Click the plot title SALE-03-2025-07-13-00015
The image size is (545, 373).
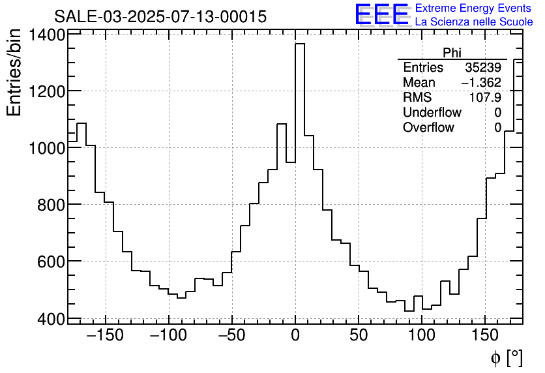pyautogui.click(x=160, y=17)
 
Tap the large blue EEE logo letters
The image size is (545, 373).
pyautogui.click(x=381, y=14)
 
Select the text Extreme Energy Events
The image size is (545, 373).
pyautogui.click(x=473, y=8)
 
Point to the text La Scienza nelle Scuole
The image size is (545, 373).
pyautogui.click(x=473, y=22)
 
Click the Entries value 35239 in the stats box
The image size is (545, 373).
pyautogui.click(x=482, y=68)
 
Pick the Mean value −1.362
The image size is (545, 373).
pyautogui.click(x=480, y=83)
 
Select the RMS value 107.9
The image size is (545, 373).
pyautogui.click(x=485, y=98)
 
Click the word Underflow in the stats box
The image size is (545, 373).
pyautogui.click(x=432, y=113)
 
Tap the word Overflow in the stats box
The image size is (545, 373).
pyautogui.click(x=428, y=128)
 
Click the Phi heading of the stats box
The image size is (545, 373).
pyautogui.click(x=452, y=53)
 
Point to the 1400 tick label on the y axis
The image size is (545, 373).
pyautogui.click(x=46, y=35)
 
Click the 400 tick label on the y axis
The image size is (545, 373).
pyautogui.click(x=51, y=319)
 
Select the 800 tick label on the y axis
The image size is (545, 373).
pyautogui.click(x=51, y=205)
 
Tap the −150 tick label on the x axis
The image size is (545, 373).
pyautogui.click(x=105, y=336)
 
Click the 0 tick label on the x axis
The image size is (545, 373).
pyautogui.click(x=295, y=336)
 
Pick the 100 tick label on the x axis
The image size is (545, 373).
pyautogui.click(x=422, y=336)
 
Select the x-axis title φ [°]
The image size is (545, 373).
pyautogui.click(x=507, y=357)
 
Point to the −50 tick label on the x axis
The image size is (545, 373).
pyautogui.click(x=231, y=336)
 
